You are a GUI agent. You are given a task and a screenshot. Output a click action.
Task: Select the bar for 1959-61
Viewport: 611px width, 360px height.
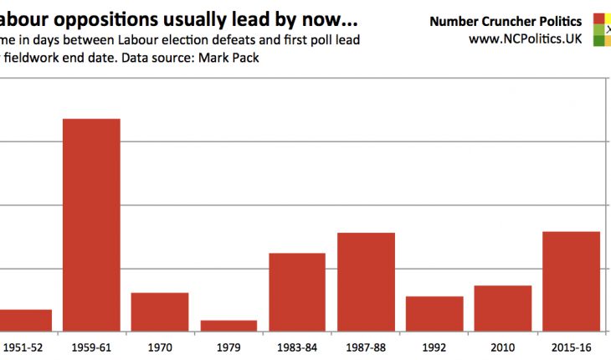point(91,224)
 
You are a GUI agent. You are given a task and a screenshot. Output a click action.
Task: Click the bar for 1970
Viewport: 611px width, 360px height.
point(160,311)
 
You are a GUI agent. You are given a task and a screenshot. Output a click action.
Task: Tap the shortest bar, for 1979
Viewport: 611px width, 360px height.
point(228,326)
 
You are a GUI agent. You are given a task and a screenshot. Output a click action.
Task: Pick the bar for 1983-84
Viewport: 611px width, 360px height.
point(297,291)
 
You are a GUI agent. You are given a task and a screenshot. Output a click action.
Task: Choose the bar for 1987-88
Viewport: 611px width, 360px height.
point(366,281)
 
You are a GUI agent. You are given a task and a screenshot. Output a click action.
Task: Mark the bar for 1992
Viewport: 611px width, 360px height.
point(434,313)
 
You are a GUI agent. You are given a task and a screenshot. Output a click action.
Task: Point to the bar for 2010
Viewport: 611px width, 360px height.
point(503,308)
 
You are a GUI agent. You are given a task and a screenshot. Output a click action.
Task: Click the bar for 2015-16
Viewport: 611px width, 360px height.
point(572,280)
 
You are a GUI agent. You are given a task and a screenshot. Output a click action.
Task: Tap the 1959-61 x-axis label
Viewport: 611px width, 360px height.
point(91,346)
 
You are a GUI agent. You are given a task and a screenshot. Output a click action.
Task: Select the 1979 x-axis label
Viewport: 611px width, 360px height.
point(228,346)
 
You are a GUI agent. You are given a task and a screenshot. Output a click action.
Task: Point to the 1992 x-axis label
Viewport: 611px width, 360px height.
point(434,346)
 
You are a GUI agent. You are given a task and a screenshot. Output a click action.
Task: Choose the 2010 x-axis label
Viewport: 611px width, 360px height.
point(503,346)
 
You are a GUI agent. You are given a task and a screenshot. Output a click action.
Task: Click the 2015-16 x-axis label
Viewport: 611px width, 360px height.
point(572,346)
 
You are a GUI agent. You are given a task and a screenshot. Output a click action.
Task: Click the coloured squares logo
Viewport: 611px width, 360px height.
point(602,29)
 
